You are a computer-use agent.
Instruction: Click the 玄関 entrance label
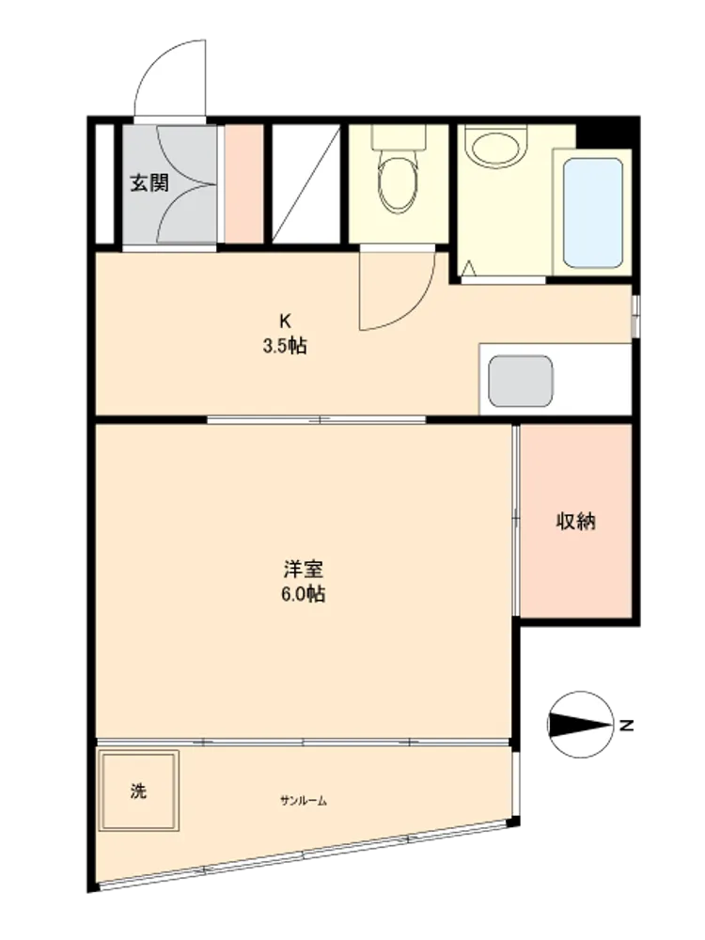(149, 182)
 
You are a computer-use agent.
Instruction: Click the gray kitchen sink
(521, 382)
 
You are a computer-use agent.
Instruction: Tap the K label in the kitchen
(285, 321)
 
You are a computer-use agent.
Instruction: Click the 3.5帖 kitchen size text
(285, 347)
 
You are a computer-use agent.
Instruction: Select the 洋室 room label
(304, 568)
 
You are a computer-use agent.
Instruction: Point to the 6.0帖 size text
(304, 594)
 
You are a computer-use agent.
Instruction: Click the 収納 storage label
(576, 521)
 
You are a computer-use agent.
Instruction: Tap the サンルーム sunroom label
(304, 800)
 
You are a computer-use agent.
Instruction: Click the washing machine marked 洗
(138, 791)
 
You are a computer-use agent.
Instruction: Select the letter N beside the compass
(626, 726)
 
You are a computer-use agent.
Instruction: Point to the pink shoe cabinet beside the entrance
(244, 183)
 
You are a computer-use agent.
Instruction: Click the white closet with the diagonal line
(306, 183)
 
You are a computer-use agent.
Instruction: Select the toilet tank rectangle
(398, 136)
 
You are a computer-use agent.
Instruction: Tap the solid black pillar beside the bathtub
(607, 133)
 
